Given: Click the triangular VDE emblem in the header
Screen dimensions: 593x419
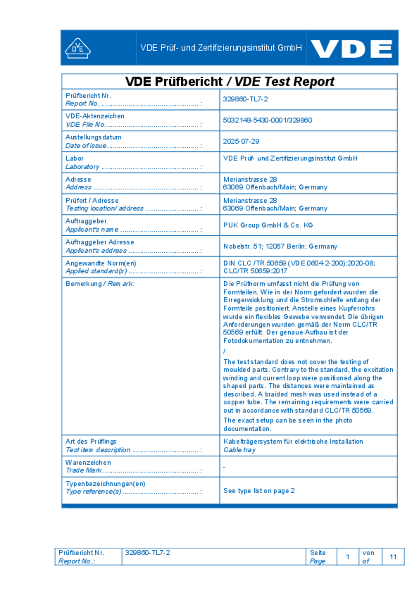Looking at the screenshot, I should tap(78, 49).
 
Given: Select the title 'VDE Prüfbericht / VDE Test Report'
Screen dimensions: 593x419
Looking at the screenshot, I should tap(229, 81).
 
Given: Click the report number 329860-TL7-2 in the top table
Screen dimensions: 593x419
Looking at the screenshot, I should tap(245, 99).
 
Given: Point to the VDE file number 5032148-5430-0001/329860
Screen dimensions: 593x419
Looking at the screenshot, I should tap(267, 120).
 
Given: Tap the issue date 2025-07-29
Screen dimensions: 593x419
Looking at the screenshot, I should tap(241, 141).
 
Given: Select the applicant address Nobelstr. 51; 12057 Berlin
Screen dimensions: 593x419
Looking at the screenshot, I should tap(280, 246).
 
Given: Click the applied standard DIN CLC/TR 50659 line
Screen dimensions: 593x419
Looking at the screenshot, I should tap(299, 263).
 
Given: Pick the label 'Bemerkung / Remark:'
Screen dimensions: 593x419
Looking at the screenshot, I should tap(100, 284).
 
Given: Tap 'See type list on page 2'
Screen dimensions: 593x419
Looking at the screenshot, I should tap(259, 491).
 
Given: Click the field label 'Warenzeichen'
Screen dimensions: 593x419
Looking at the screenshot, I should tap(88, 463).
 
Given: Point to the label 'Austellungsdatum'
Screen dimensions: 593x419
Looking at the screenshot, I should tap(93, 137).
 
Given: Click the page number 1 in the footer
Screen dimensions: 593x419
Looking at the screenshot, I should tap(348, 557).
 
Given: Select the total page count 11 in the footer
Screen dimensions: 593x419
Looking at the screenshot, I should tap(393, 557).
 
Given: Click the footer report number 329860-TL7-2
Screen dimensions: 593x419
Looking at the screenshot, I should tap(147, 553).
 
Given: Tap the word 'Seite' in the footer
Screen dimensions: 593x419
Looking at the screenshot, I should tap(318, 553).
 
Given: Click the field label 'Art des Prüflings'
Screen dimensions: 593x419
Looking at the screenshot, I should tap(91, 442).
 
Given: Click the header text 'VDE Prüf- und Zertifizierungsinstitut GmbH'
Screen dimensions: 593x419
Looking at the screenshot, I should tap(221, 48).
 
